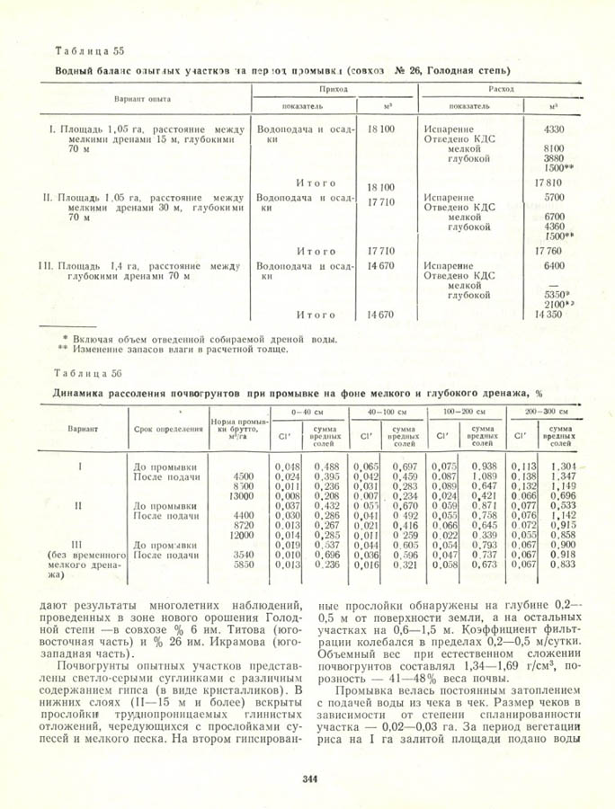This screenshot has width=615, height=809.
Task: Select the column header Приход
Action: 334,90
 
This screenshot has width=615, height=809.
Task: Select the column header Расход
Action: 501,90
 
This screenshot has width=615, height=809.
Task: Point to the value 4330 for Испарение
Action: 554,129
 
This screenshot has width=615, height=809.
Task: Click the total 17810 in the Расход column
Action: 548,182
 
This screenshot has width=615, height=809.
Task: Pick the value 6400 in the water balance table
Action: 554,266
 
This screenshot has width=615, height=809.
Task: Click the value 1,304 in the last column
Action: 563,467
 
